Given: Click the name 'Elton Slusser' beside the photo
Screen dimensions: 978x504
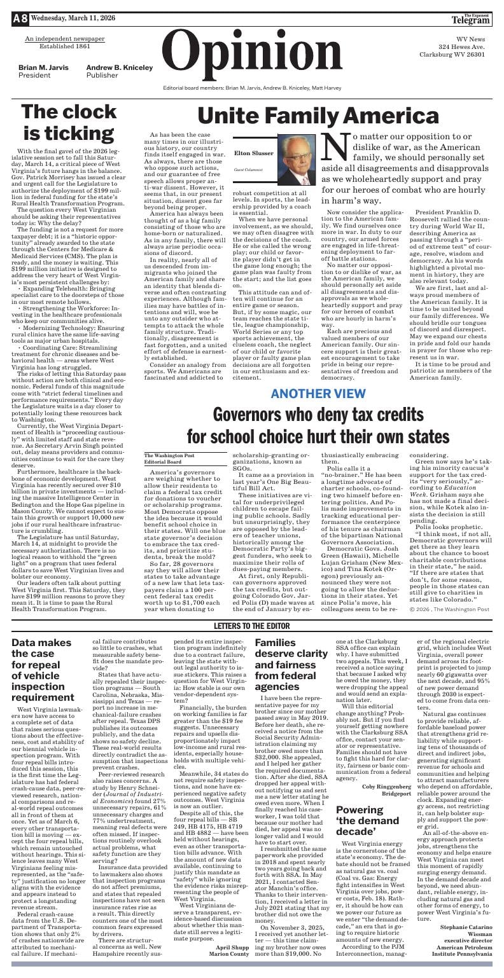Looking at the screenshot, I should [x=250, y=153].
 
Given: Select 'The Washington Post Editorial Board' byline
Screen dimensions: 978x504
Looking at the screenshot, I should [x=169, y=458].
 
